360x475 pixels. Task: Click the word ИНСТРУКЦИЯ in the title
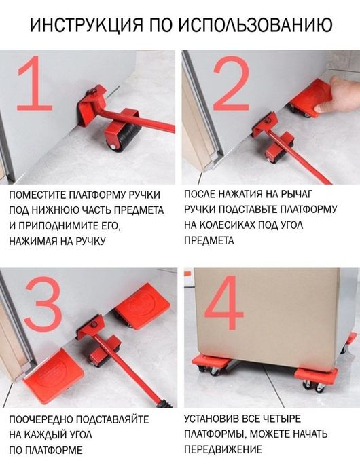[82, 25]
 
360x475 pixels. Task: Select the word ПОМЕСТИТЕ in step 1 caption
[39, 195]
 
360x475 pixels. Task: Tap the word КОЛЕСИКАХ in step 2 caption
[233, 225]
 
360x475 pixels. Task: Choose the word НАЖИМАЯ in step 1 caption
[33, 240]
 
